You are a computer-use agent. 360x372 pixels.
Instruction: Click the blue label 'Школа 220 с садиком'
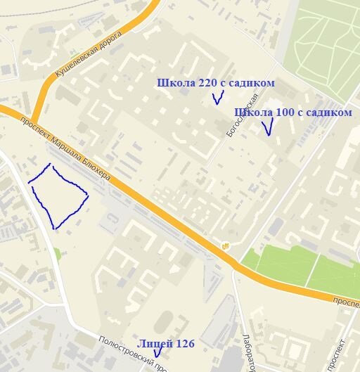point(215,84)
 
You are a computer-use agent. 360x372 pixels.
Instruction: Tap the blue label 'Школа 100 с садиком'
point(292,113)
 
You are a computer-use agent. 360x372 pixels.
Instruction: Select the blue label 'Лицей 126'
point(166,343)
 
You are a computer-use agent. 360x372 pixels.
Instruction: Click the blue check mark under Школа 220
point(217,98)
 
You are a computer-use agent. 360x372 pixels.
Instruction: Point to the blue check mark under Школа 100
point(266,127)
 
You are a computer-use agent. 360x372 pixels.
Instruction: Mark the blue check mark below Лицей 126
point(157,352)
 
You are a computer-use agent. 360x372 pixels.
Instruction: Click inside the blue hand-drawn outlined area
point(58,195)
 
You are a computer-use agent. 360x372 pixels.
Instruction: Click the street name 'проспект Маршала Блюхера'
point(70,148)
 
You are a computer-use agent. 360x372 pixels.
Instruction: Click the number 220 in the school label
point(207,84)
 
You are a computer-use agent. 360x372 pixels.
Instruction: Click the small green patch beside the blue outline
point(56,253)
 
